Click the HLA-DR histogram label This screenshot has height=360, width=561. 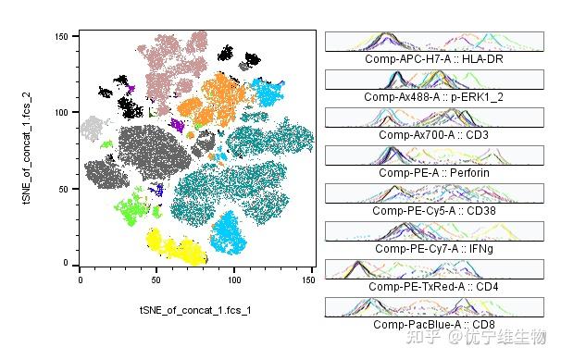(x=433, y=58)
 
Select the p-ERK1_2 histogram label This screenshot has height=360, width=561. (x=433, y=96)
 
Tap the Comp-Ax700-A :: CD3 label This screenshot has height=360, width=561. (x=433, y=134)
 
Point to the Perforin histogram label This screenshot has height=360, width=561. (x=433, y=172)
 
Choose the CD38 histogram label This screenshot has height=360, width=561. (x=433, y=210)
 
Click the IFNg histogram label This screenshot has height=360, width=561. (x=433, y=248)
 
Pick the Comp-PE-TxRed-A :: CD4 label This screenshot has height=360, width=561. (x=433, y=286)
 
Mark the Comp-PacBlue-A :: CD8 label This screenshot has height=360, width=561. (x=433, y=324)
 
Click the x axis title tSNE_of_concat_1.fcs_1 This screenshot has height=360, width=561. (x=194, y=308)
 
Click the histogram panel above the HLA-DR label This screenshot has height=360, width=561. (x=433, y=41)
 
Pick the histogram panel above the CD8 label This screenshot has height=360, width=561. (x=433, y=306)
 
